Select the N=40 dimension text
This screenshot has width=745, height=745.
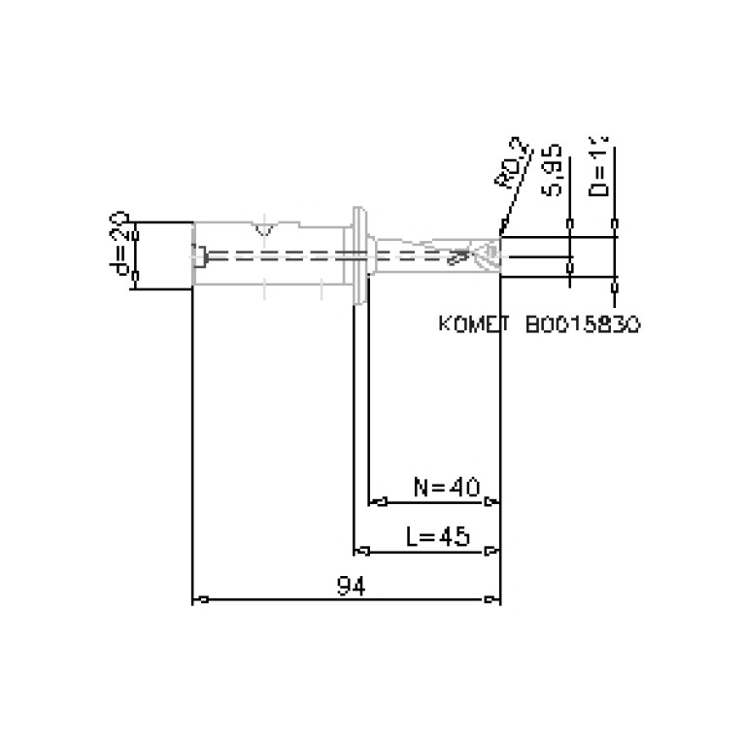[x=446, y=487]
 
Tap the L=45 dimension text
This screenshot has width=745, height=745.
[x=437, y=536]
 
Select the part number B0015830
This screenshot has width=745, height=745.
[x=582, y=324]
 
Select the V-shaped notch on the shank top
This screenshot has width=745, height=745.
[x=262, y=230]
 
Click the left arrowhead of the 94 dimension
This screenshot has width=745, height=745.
[x=200, y=600]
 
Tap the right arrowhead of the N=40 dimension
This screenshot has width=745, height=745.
[x=492, y=502]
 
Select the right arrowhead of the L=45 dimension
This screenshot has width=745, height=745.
[x=492, y=552]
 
